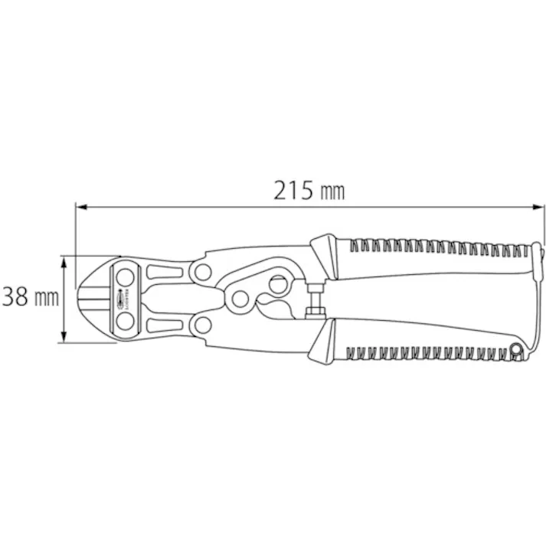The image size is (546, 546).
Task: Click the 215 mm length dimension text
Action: (x=309, y=190)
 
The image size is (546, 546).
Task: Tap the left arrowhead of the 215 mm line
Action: (x=80, y=207)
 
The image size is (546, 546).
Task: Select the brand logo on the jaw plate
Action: (x=122, y=299)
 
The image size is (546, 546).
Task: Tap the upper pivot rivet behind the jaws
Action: (x=203, y=270)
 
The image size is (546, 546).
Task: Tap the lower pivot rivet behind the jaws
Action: (x=203, y=326)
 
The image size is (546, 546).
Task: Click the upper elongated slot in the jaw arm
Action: (x=162, y=272)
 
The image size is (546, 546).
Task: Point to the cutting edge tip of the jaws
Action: (x=83, y=299)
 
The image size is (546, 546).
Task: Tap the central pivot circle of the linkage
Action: (x=240, y=298)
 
